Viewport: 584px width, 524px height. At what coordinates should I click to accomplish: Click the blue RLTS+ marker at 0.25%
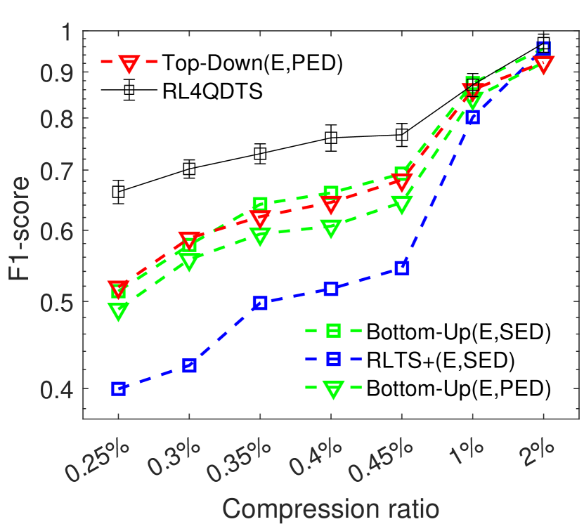pos(118,389)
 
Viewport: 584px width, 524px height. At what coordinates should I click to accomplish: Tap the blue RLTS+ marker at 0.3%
pos(189,365)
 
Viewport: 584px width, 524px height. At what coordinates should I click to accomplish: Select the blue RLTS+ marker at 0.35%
pos(260,303)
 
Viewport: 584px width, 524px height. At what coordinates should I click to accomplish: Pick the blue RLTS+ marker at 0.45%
pos(401,268)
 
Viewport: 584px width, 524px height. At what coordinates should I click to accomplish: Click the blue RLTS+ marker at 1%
pos(472,117)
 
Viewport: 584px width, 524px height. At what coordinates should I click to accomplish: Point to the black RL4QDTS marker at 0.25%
pos(118,192)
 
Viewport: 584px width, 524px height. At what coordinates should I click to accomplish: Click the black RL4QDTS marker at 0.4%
pos(331,138)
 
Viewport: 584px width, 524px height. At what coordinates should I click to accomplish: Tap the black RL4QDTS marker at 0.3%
pos(189,169)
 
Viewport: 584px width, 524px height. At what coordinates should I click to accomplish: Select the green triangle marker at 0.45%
pos(401,204)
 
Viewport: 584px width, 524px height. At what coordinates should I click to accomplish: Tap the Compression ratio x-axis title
pos(330,506)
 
